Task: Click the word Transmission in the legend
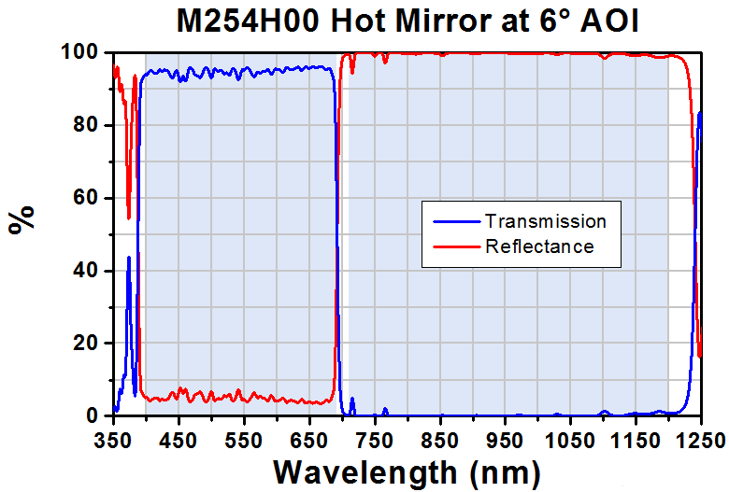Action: pyautogui.click(x=545, y=221)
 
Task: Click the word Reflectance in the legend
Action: pyautogui.click(x=539, y=246)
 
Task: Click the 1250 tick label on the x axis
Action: pyautogui.click(x=699, y=437)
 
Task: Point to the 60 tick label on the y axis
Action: pyautogui.click(x=83, y=198)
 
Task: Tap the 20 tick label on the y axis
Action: pyautogui.click(x=83, y=343)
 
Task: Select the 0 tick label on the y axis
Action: pyautogui.click(x=89, y=415)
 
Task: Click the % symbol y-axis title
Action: pyautogui.click(x=22, y=218)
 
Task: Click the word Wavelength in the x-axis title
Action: pyautogui.click(x=365, y=470)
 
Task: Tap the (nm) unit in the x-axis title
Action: pyautogui.click(x=504, y=470)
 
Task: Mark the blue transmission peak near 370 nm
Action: pyautogui.click(x=129, y=258)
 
